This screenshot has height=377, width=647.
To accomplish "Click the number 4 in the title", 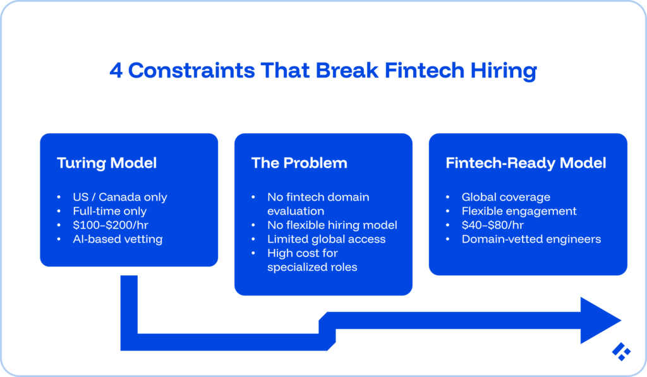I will pos(116,70).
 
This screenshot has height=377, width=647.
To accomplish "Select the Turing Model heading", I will pos(107,163).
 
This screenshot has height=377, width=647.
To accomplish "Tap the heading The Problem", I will pos(299,163).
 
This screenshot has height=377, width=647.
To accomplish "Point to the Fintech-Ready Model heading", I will pos(526,163).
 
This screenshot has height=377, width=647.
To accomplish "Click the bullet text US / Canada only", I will pos(120,197).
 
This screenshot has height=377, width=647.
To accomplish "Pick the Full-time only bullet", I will pos(110,211).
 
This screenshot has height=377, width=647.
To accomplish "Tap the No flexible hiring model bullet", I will pos(332,225).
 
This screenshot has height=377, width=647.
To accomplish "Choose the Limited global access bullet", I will pos(326,239).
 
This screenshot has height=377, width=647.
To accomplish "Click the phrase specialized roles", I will pos(312,267).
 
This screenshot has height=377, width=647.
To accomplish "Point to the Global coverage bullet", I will pos(505,197).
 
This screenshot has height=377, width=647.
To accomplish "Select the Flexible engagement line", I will pos(519,211).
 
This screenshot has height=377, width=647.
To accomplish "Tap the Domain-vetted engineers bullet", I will pos(531,239).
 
